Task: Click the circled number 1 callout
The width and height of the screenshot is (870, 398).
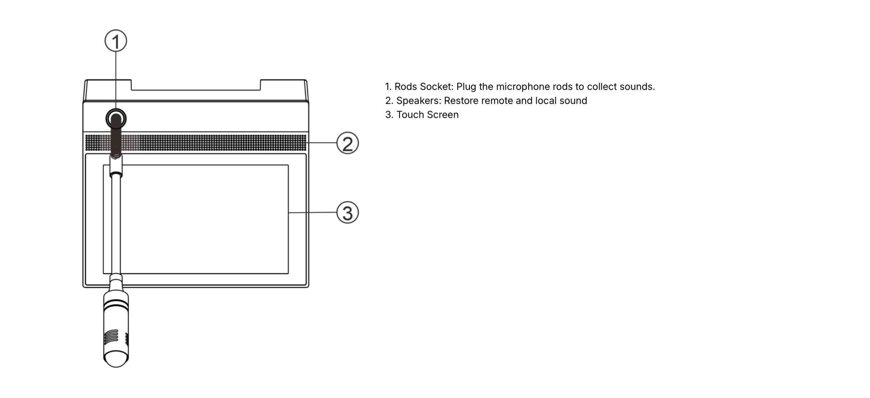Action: point(116,41)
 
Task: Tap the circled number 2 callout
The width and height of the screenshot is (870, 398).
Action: point(348,143)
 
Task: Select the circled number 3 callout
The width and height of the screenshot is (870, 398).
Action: point(348,213)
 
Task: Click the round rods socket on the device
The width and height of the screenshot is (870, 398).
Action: point(116,119)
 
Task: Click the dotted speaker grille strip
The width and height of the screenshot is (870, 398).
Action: point(196,143)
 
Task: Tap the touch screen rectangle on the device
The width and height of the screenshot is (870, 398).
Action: point(196,219)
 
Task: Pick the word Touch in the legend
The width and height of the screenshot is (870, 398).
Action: point(411,115)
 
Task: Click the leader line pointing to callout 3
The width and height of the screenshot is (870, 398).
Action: point(313,213)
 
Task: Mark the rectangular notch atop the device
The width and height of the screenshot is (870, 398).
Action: point(196,85)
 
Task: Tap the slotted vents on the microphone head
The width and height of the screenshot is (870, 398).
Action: point(111,336)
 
